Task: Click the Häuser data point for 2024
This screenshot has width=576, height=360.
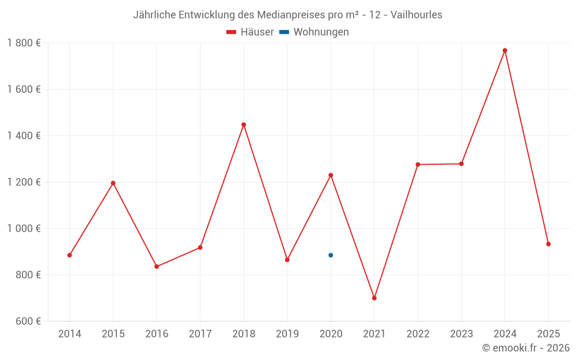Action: pos(505,51)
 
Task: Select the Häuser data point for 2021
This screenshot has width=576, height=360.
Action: pos(374,298)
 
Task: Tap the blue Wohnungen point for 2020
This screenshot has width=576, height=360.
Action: pos(331,255)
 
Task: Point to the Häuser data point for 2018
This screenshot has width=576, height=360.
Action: pos(244,124)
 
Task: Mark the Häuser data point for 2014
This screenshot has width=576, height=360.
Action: pos(70,255)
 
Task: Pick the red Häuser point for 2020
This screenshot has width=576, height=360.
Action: pos(331,175)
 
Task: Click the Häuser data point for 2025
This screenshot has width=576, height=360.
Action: pos(548,244)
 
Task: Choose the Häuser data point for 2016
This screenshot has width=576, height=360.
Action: pos(157,267)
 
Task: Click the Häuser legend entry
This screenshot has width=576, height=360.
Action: pos(251,32)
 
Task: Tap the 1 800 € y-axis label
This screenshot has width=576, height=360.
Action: pos(24,43)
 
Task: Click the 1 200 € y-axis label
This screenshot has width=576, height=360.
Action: pos(24,182)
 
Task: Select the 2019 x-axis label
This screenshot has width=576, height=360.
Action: pos(287,334)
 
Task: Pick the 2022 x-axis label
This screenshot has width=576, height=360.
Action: pos(418,334)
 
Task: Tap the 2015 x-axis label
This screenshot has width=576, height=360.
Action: pos(113,334)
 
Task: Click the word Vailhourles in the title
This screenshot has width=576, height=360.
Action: pos(416,15)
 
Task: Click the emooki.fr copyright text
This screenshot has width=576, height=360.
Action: pos(526,348)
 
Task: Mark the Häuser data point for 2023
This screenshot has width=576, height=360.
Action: pos(461,164)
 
